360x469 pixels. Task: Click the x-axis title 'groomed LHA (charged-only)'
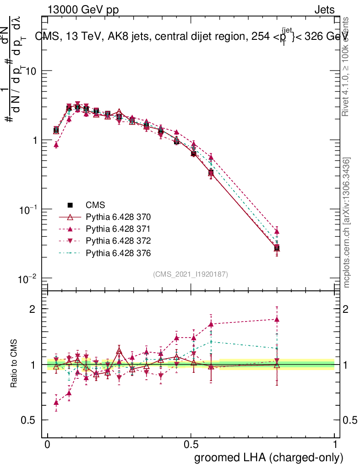click(x=269, y=458)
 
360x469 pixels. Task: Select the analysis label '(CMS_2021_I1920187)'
click(x=191, y=274)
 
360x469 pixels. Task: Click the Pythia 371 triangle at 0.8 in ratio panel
click(x=277, y=320)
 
